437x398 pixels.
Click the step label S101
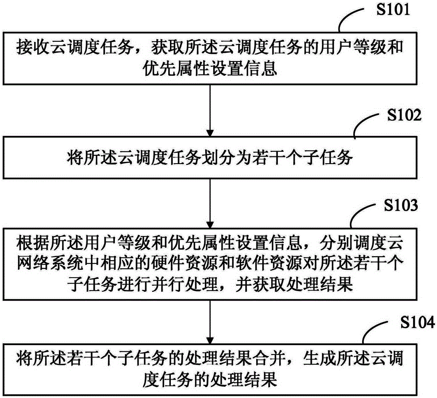point(393,10)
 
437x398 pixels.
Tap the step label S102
point(404,115)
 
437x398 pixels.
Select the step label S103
point(401,205)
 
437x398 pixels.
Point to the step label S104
point(417,323)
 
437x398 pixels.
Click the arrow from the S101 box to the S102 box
point(210,110)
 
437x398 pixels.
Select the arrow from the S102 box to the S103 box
point(210,203)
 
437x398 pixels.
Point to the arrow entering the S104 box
point(210,323)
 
